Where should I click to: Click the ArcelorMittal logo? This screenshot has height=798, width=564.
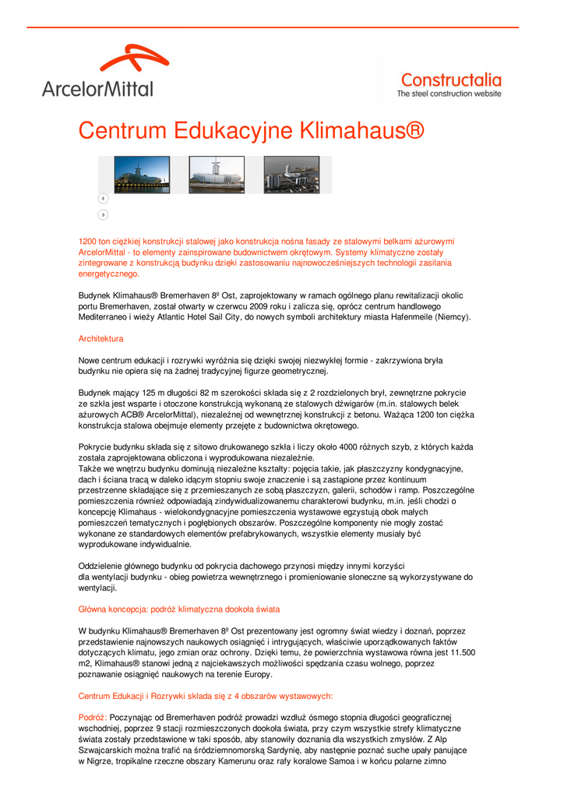(x=97, y=72)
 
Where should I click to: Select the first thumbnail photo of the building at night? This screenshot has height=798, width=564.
(x=142, y=175)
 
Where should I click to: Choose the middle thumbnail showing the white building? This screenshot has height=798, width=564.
(x=217, y=175)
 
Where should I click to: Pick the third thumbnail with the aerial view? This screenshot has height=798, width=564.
(x=291, y=175)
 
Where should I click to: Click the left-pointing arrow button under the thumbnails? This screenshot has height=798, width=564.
(x=103, y=199)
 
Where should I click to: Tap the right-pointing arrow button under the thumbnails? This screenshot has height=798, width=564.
(x=103, y=214)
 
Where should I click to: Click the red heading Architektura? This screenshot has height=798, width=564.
(x=100, y=339)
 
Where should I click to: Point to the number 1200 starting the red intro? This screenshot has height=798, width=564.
(x=88, y=242)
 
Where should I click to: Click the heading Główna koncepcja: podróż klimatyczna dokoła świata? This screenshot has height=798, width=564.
(x=179, y=609)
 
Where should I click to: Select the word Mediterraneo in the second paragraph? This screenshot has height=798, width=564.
(x=103, y=318)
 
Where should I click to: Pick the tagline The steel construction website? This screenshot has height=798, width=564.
(x=449, y=94)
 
